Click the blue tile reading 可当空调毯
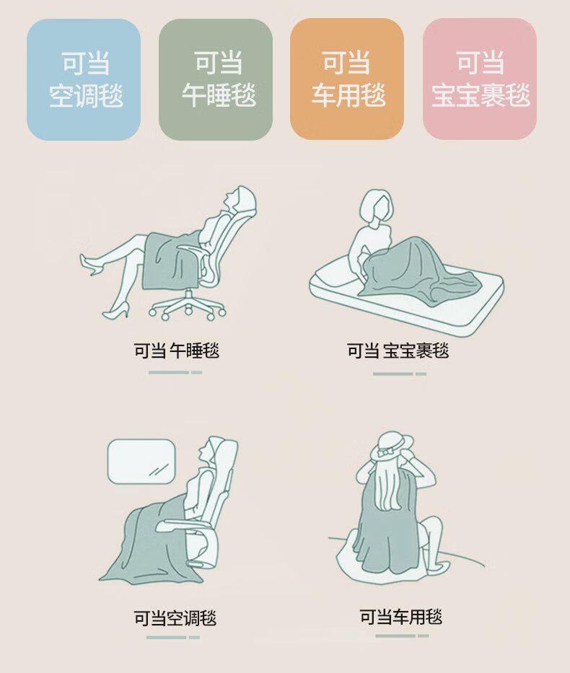[84, 79]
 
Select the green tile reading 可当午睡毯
[216, 79]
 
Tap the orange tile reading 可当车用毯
[347, 79]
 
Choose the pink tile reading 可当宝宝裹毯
[479, 79]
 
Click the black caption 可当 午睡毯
[176, 351]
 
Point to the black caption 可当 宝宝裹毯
[398, 351]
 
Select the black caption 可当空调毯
[175, 617]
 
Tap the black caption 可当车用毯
[401, 617]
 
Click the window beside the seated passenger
[141, 460]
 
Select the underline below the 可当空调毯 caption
[173, 638]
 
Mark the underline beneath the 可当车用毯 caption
[402, 635]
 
